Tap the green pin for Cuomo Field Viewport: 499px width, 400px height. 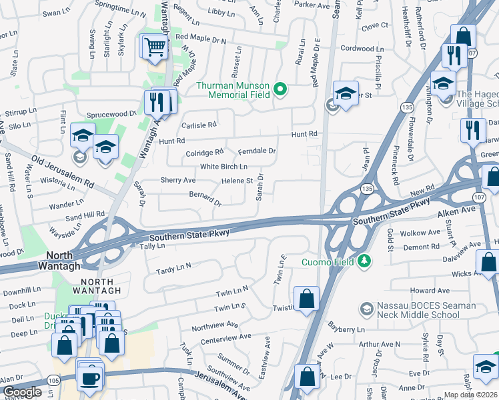tap(363, 260)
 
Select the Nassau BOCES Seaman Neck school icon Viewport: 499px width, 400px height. tap(366, 309)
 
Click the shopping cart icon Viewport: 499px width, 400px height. tap(154, 47)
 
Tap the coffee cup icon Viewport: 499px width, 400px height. tap(89, 377)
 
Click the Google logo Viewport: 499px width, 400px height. tap(22, 392)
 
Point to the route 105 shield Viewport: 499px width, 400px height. tap(54, 380)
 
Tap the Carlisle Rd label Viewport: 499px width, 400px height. tap(199, 125)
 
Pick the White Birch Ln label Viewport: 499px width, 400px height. tap(223, 166)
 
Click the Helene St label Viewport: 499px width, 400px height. tap(237, 181)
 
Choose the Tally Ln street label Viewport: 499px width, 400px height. tap(152, 246)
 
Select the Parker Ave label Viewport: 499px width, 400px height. tap(312, 5)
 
